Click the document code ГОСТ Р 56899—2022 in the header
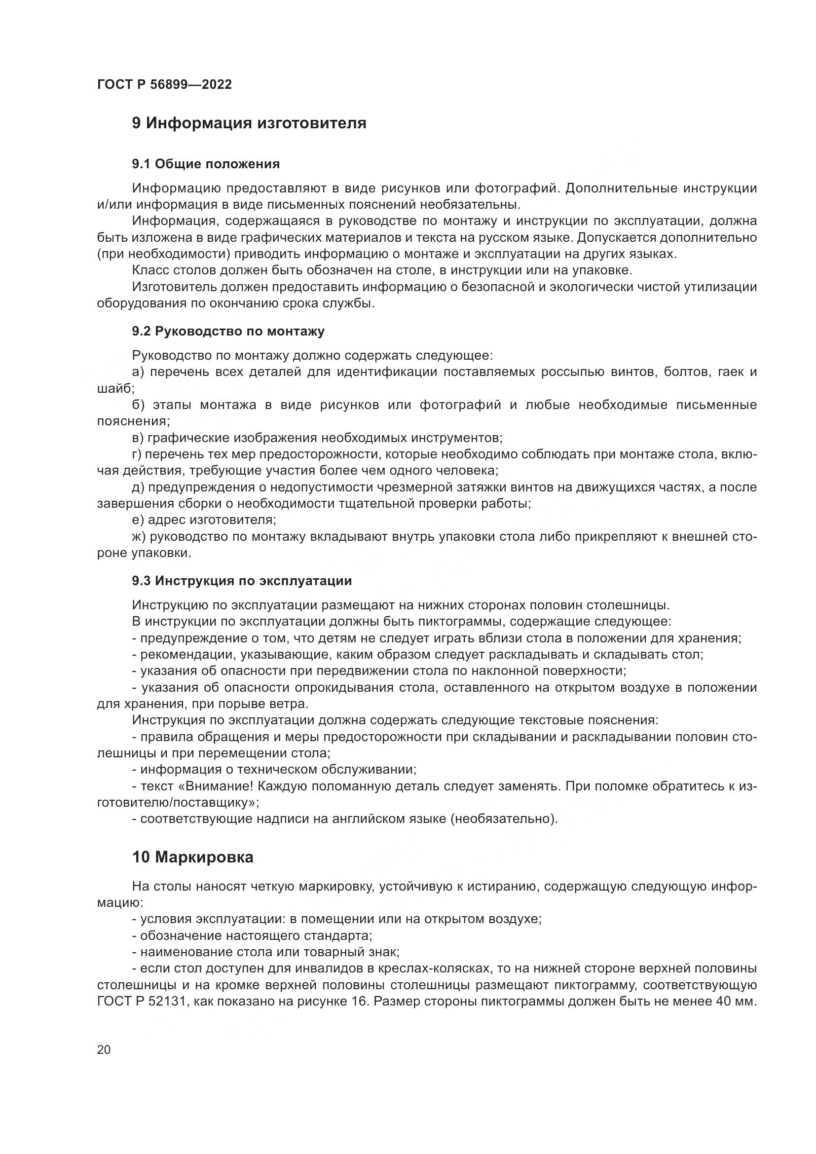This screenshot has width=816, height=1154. click(164, 84)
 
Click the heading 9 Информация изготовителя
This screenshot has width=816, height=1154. click(249, 123)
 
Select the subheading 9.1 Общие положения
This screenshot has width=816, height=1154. click(206, 164)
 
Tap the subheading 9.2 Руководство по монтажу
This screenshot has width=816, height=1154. click(228, 331)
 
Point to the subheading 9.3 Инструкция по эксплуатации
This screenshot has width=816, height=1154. click(242, 581)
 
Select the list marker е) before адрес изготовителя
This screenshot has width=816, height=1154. click(138, 520)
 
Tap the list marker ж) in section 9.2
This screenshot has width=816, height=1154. click(139, 537)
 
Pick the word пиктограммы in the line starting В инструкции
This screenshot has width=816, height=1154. click(455, 622)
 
